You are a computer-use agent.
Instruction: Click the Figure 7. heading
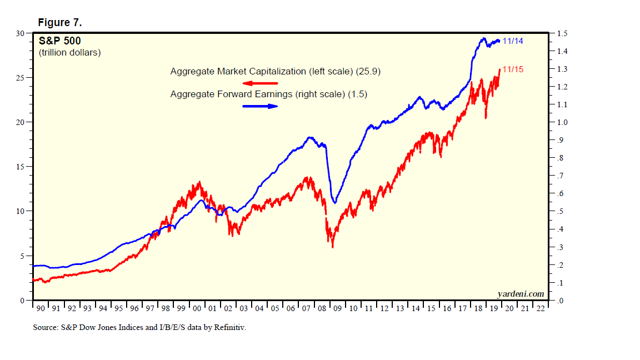(60, 22)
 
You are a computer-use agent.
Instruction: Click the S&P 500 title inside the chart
(59, 41)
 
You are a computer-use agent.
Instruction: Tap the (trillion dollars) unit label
(69, 53)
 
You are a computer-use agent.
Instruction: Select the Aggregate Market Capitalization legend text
(275, 72)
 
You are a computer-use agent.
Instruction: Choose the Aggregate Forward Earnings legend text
(268, 94)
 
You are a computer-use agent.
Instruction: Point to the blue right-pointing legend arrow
(260, 106)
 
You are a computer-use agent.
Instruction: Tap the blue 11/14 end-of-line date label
(513, 41)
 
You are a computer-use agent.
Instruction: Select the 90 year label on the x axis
(39, 308)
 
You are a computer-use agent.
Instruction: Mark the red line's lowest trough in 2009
(332, 247)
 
